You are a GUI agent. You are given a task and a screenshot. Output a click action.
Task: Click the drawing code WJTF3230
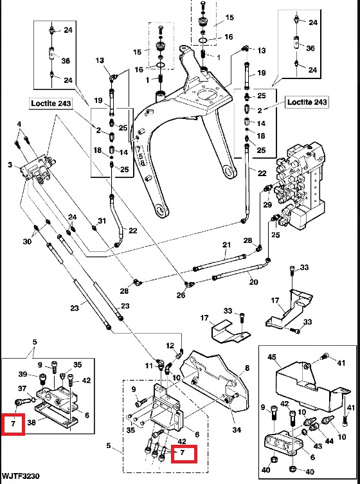(x=21, y=476)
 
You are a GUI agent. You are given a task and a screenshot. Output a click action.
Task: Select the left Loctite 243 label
(x=51, y=103)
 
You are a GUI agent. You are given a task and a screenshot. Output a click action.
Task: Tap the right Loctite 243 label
(x=307, y=102)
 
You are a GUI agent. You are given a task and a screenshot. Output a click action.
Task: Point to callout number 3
(x=10, y=165)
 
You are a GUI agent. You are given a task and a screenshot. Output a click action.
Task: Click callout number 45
(x=272, y=357)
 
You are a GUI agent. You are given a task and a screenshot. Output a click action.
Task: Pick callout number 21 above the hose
(x=227, y=245)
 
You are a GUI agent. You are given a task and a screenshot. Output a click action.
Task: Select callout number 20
(x=253, y=282)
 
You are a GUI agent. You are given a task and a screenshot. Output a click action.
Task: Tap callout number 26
(x=181, y=295)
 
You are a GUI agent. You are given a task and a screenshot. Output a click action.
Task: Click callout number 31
(x=102, y=220)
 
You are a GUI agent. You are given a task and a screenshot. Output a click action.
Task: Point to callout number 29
(x=267, y=204)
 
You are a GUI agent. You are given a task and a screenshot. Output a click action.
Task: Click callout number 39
(x=23, y=374)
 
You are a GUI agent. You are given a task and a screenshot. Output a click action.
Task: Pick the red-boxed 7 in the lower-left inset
(x=13, y=424)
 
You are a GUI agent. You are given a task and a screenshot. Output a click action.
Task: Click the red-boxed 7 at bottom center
(x=184, y=453)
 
